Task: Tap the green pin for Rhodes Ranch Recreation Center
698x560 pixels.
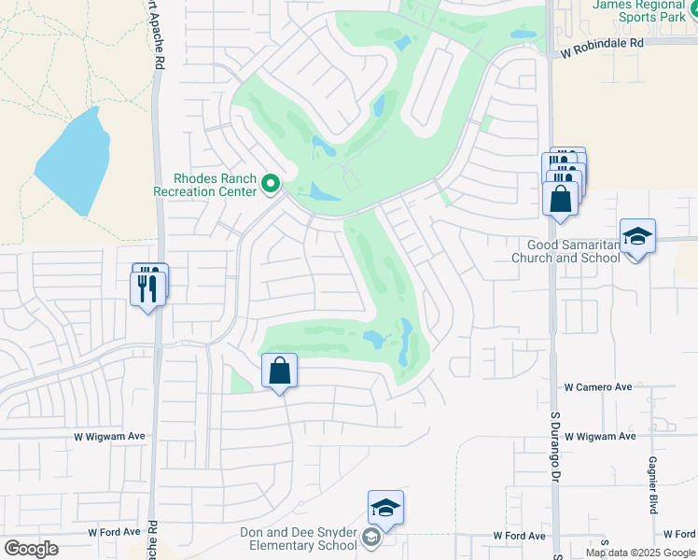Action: tap(272, 183)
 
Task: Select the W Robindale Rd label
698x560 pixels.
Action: tap(603, 43)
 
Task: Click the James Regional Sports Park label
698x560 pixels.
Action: tap(644, 11)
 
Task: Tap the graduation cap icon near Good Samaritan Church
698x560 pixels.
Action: tap(638, 236)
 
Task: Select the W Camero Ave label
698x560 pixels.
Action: tap(598, 386)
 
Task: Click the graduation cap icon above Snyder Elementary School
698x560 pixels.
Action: tap(385, 508)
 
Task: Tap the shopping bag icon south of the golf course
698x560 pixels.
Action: tap(280, 371)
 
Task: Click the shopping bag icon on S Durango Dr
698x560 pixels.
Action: tap(560, 198)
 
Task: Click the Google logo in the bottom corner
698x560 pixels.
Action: tap(31, 549)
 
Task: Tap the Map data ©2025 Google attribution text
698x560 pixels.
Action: tap(640, 553)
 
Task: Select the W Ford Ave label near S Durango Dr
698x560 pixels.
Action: tap(519, 536)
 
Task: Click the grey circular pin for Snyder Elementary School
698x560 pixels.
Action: tap(371, 536)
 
